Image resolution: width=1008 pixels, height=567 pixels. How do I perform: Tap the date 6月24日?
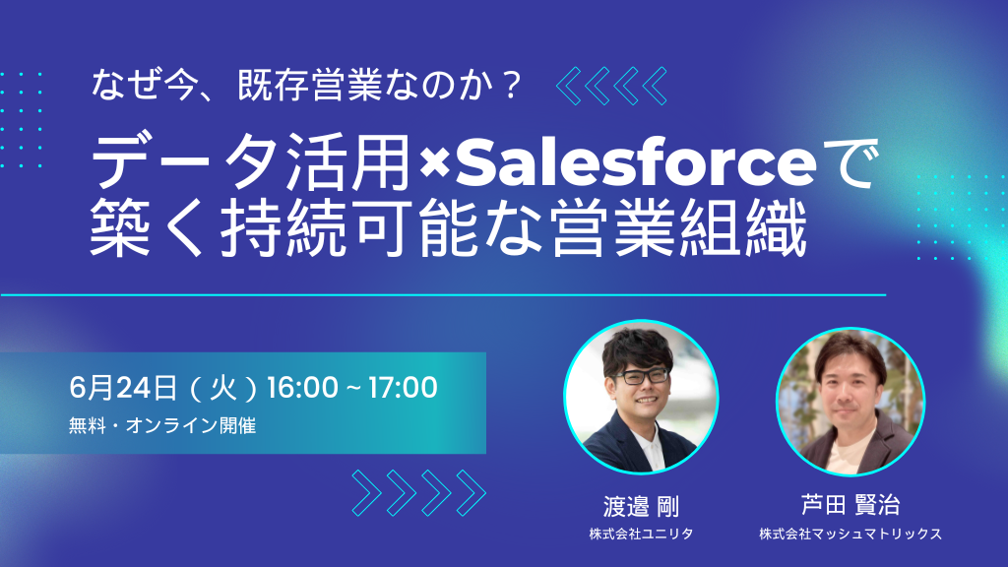[123, 388]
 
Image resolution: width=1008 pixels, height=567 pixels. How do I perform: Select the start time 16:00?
[302, 388]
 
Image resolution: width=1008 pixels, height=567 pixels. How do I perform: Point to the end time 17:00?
[403, 388]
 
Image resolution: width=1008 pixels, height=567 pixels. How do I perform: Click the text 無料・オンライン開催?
[162, 425]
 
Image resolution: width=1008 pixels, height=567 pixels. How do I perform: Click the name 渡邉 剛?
[641, 507]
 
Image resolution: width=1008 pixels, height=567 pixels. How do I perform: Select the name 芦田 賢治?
[850, 505]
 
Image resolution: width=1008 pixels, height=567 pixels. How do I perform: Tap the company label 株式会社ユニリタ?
[641, 534]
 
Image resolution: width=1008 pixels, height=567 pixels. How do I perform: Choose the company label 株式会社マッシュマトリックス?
[850, 534]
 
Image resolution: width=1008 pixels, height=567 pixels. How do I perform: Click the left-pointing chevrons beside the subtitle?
[611, 86]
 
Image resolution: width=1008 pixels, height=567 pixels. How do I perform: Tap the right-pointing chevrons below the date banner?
[419, 493]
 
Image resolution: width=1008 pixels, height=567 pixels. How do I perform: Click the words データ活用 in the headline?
[251, 162]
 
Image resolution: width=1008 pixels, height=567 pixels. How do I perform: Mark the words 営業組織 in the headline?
[679, 228]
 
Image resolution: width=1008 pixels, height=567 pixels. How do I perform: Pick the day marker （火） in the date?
[223, 389]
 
